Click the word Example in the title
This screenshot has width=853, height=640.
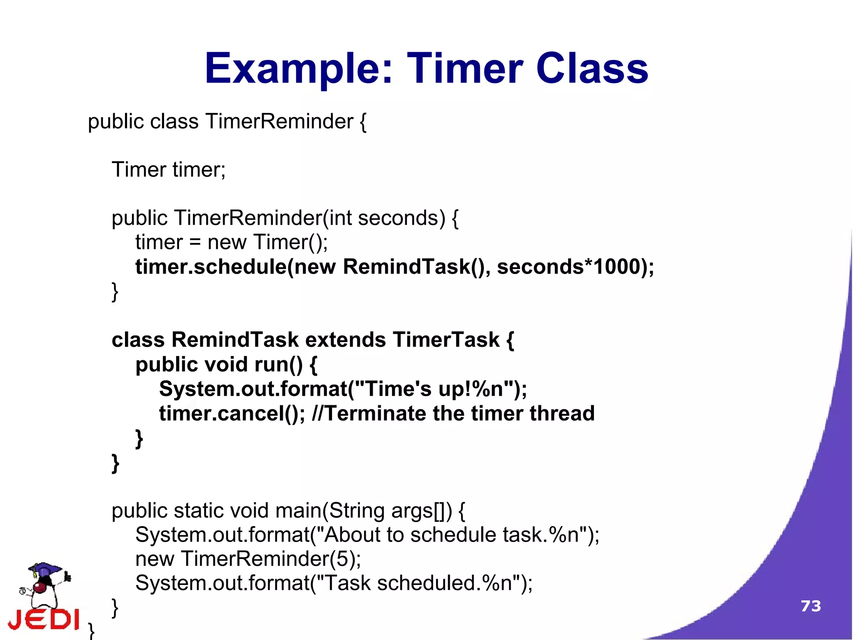coord(298,69)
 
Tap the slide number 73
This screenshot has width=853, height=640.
coord(811,606)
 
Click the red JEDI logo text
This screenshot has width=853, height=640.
coord(44,620)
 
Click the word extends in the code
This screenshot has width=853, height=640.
coord(345,340)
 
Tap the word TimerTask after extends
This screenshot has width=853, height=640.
coord(446,340)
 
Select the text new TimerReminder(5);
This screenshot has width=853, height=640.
coord(248,559)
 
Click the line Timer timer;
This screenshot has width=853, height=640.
coord(168,170)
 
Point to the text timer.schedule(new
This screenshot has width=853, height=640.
coord(235,267)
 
